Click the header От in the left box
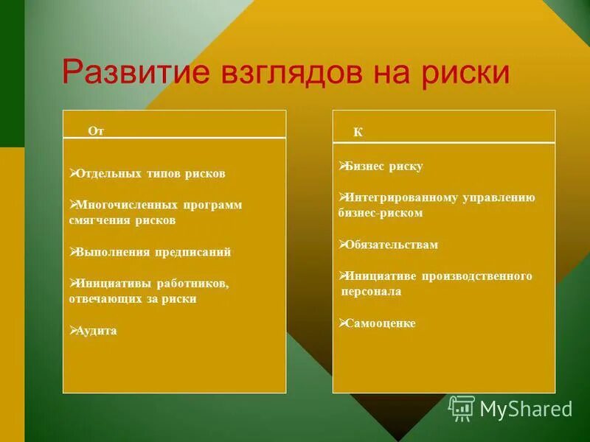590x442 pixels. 96,130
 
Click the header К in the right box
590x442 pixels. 358,133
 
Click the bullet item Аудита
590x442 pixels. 96,331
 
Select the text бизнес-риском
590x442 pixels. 381,213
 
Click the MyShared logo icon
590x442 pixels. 462,407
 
